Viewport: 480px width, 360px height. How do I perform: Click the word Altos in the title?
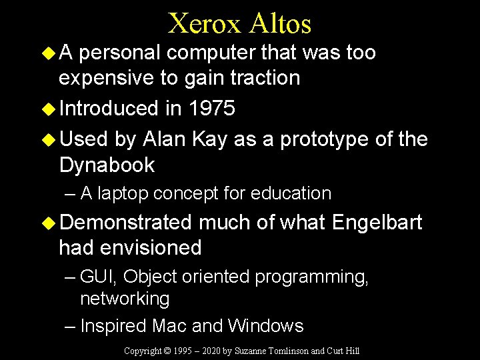point(281,24)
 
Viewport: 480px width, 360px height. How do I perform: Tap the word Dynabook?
point(107,165)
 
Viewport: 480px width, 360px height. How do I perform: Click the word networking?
point(125,299)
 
